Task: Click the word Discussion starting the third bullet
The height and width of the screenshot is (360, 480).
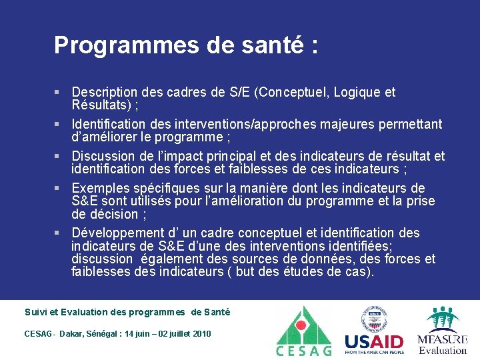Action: tap(102, 157)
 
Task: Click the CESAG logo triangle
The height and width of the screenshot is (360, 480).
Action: tap(303, 326)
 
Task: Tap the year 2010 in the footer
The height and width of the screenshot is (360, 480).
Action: tap(201, 334)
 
